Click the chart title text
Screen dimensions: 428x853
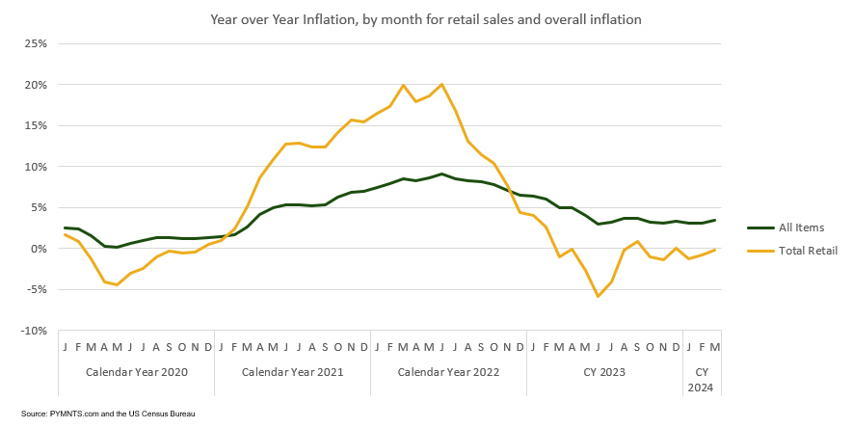tap(427, 18)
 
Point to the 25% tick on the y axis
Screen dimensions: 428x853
tap(36, 43)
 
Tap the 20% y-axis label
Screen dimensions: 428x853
tap(36, 85)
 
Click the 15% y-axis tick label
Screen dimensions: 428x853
tap(36, 125)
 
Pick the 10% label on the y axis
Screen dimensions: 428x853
tap(36, 167)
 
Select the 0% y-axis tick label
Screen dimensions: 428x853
tap(39, 249)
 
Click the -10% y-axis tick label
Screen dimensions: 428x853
tap(33, 331)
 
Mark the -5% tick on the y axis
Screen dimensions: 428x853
tap(36, 289)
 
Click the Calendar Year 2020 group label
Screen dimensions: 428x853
tap(136, 371)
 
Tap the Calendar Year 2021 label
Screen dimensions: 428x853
tap(292, 371)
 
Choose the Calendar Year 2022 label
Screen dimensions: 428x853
tap(448, 371)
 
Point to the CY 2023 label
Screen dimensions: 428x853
tap(604, 371)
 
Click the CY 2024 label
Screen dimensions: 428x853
tap(702, 378)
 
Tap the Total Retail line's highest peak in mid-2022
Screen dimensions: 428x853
tap(441, 84)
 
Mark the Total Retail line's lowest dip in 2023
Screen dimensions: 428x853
tap(598, 296)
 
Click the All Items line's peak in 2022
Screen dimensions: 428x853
tap(441, 174)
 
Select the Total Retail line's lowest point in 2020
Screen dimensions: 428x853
tap(117, 284)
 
